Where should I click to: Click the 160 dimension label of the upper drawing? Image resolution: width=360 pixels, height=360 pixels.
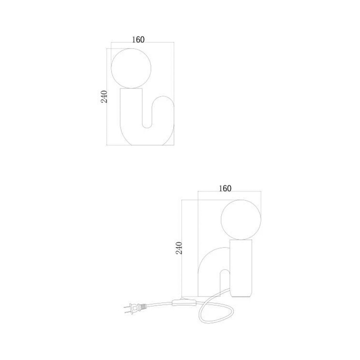tap(138, 40)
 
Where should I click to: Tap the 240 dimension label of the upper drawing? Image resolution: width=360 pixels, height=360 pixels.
tap(104, 96)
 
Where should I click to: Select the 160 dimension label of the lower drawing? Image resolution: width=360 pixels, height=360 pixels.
tap(225, 188)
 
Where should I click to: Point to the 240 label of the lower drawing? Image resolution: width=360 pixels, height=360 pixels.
tap(179, 248)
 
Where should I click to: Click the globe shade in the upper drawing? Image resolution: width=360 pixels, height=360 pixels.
tap(131, 68)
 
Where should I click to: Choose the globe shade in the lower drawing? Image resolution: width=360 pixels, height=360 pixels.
tap(241, 220)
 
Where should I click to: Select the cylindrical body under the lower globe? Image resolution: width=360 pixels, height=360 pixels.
tap(241, 268)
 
